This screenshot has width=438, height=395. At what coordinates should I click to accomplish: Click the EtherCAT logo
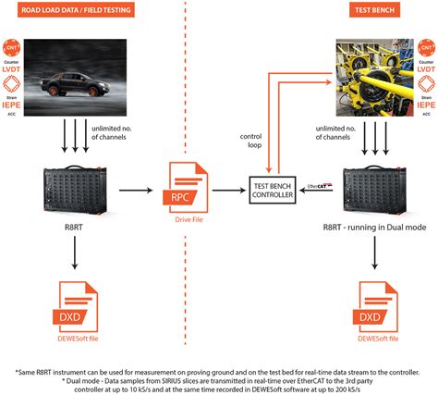tap(315, 185)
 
